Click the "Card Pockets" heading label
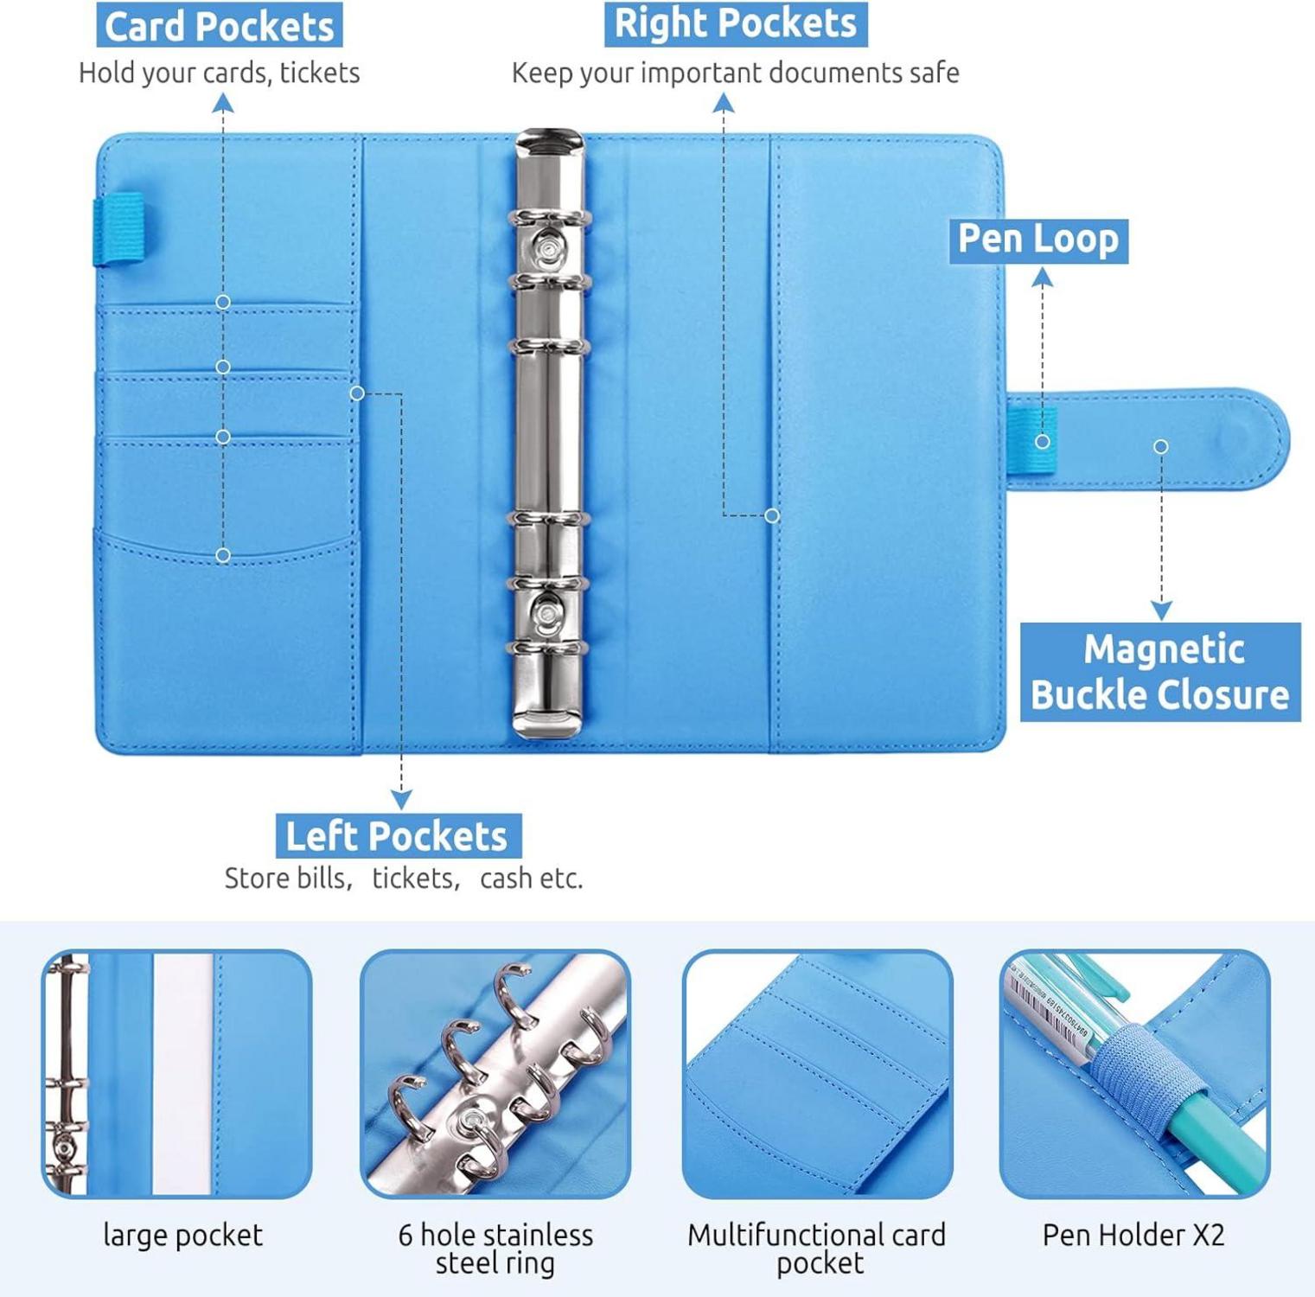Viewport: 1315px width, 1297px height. (220, 26)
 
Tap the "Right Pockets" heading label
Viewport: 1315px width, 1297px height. (736, 23)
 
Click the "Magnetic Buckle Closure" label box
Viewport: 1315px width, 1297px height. (1160, 672)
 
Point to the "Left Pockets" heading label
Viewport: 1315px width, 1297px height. (398, 836)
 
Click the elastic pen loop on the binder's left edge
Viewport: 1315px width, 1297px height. (119, 228)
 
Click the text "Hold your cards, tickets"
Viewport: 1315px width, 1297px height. (220, 73)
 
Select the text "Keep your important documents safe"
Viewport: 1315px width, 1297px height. (736, 73)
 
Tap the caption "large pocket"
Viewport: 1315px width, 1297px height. (183, 1236)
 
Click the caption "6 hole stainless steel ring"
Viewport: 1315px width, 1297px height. (495, 1249)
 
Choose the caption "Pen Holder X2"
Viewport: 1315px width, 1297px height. (1133, 1235)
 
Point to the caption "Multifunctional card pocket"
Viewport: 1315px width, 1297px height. (817, 1249)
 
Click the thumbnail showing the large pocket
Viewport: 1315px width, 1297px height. (177, 1074)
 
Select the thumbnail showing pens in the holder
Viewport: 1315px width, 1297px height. (1134, 1074)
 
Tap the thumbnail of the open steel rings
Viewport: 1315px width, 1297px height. (495, 1074)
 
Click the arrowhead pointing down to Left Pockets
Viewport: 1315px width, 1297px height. (401, 799)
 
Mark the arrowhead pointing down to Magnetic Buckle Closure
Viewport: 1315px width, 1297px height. (1161, 610)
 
